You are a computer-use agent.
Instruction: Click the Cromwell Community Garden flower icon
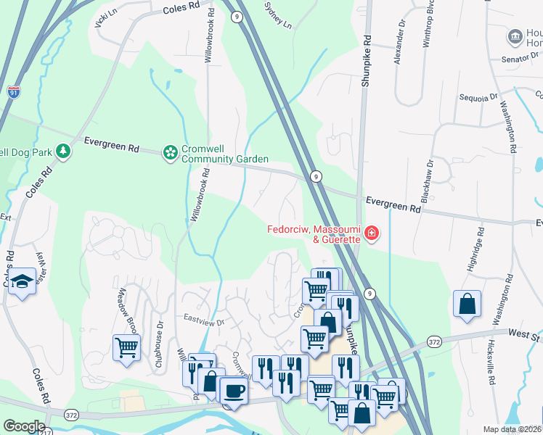(170, 152)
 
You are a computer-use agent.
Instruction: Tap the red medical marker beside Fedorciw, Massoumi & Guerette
(371, 233)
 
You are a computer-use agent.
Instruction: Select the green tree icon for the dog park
(65, 151)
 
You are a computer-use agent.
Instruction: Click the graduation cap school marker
(24, 281)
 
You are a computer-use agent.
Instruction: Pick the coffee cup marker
(233, 390)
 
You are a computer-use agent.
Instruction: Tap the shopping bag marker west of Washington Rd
(467, 304)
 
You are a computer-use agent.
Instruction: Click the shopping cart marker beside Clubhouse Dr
(126, 347)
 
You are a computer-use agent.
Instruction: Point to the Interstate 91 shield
(14, 91)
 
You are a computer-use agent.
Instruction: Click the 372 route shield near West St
(434, 341)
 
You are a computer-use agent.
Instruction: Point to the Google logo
(24, 426)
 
